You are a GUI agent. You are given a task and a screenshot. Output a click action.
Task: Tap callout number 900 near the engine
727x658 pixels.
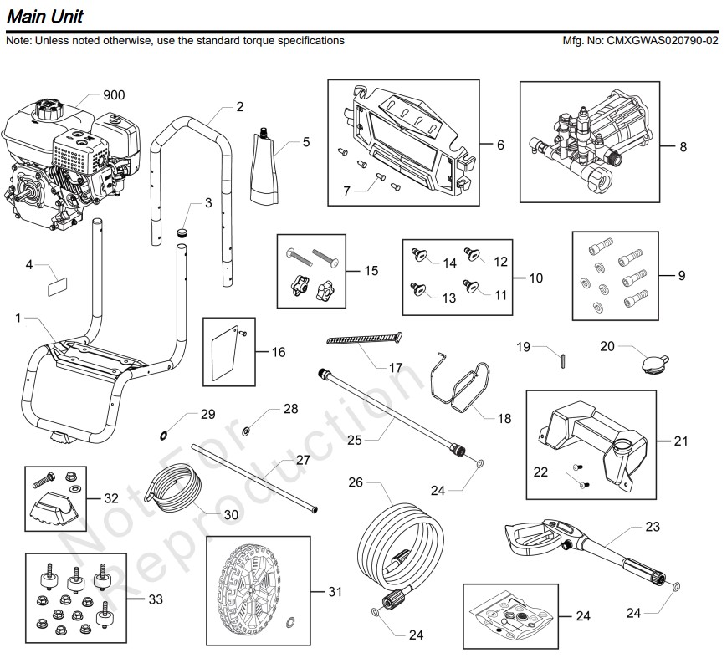click(114, 95)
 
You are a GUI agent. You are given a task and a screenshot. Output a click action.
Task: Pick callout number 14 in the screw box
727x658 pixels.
click(450, 263)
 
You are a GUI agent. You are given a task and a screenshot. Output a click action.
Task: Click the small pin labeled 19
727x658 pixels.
click(564, 360)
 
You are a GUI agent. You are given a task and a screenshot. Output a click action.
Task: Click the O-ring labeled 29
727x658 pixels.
click(163, 434)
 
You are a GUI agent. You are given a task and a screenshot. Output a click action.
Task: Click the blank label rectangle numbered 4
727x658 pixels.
click(58, 285)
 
